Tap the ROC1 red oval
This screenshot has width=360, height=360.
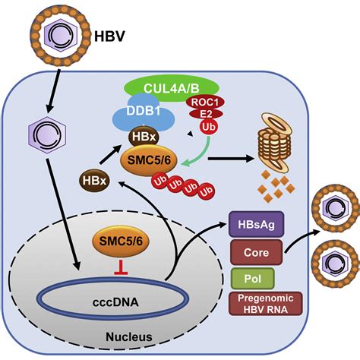click(205, 103)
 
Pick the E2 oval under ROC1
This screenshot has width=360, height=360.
click(206, 114)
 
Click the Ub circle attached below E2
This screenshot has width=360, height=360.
click(209, 127)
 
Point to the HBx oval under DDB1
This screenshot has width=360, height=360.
click(144, 137)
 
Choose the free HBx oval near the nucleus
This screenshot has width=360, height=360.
click(94, 181)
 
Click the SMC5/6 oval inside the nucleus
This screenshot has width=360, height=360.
click(121, 242)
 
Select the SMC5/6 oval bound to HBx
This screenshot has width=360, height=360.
click(148, 160)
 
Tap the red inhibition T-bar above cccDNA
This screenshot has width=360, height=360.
click(121, 267)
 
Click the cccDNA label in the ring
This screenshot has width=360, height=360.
click(115, 302)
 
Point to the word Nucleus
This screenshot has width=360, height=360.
click(129, 337)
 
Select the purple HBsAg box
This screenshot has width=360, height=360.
click(256, 224)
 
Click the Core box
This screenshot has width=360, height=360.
click(256, 252)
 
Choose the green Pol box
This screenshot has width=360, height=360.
click(253, 279)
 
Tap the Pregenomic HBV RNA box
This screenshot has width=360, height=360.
click(266, 304)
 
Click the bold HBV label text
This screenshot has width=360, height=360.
click(109, 36)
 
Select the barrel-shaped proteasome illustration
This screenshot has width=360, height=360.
click(275, 142)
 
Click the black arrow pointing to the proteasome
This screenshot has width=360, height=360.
click(231, 159)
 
